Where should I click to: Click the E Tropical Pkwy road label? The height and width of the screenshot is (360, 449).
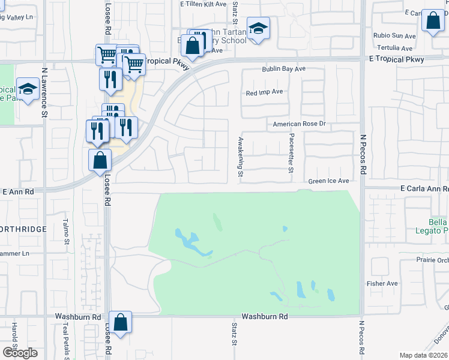point(397,59)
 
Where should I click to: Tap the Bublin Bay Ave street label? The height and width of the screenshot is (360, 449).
point(283,69)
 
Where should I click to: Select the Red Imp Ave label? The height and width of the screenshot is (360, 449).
point(264,92)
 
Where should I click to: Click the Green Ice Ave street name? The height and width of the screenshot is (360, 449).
point(328,181)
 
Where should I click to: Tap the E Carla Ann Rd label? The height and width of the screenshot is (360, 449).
point(424,188)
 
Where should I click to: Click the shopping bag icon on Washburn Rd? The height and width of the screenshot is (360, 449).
point(121,322)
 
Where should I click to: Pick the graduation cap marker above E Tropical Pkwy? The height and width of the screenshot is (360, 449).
point(258,28)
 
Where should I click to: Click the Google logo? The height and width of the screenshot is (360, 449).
point(20,353)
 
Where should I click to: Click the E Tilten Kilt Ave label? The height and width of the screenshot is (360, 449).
point(203,4)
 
